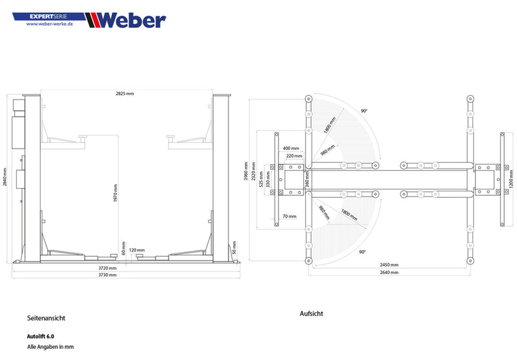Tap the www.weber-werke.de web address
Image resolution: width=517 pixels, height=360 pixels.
coord(50,25)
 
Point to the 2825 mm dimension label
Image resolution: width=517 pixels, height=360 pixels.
coord(125,94)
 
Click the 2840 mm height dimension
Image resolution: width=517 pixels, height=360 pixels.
coord(6,177)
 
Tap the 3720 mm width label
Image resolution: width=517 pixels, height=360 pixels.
coord(108,268)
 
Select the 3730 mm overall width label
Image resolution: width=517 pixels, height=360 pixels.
coord(108,275)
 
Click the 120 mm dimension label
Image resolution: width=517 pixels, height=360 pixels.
coord(136,250)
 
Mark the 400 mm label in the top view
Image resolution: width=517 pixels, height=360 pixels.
coord(291,148)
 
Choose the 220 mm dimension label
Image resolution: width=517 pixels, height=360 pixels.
coord(294,156)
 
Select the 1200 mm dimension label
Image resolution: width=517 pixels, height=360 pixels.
coord(511,177)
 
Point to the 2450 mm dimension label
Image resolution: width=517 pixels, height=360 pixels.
coord(389,265)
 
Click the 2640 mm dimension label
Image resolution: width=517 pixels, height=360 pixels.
coord(389,273)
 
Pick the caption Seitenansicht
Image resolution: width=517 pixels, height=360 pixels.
coord(46,318)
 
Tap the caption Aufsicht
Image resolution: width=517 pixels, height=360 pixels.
coord(311,313)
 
